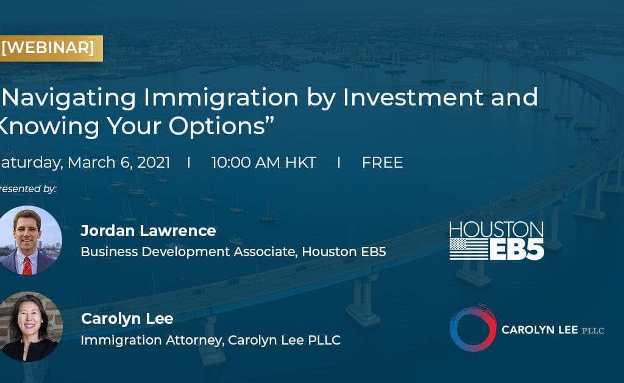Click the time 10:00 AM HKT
coord(263,163)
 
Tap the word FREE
coord(382,163)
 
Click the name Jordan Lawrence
coord(148,231)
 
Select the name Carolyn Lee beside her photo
coord(127,318)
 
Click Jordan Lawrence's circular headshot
coord(29,240)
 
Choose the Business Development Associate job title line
coord(233,251)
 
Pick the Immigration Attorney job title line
coord(210,340)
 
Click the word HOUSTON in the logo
coord(496,230)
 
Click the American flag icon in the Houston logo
coord(469,249)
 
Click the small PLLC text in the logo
coord(592,330)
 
